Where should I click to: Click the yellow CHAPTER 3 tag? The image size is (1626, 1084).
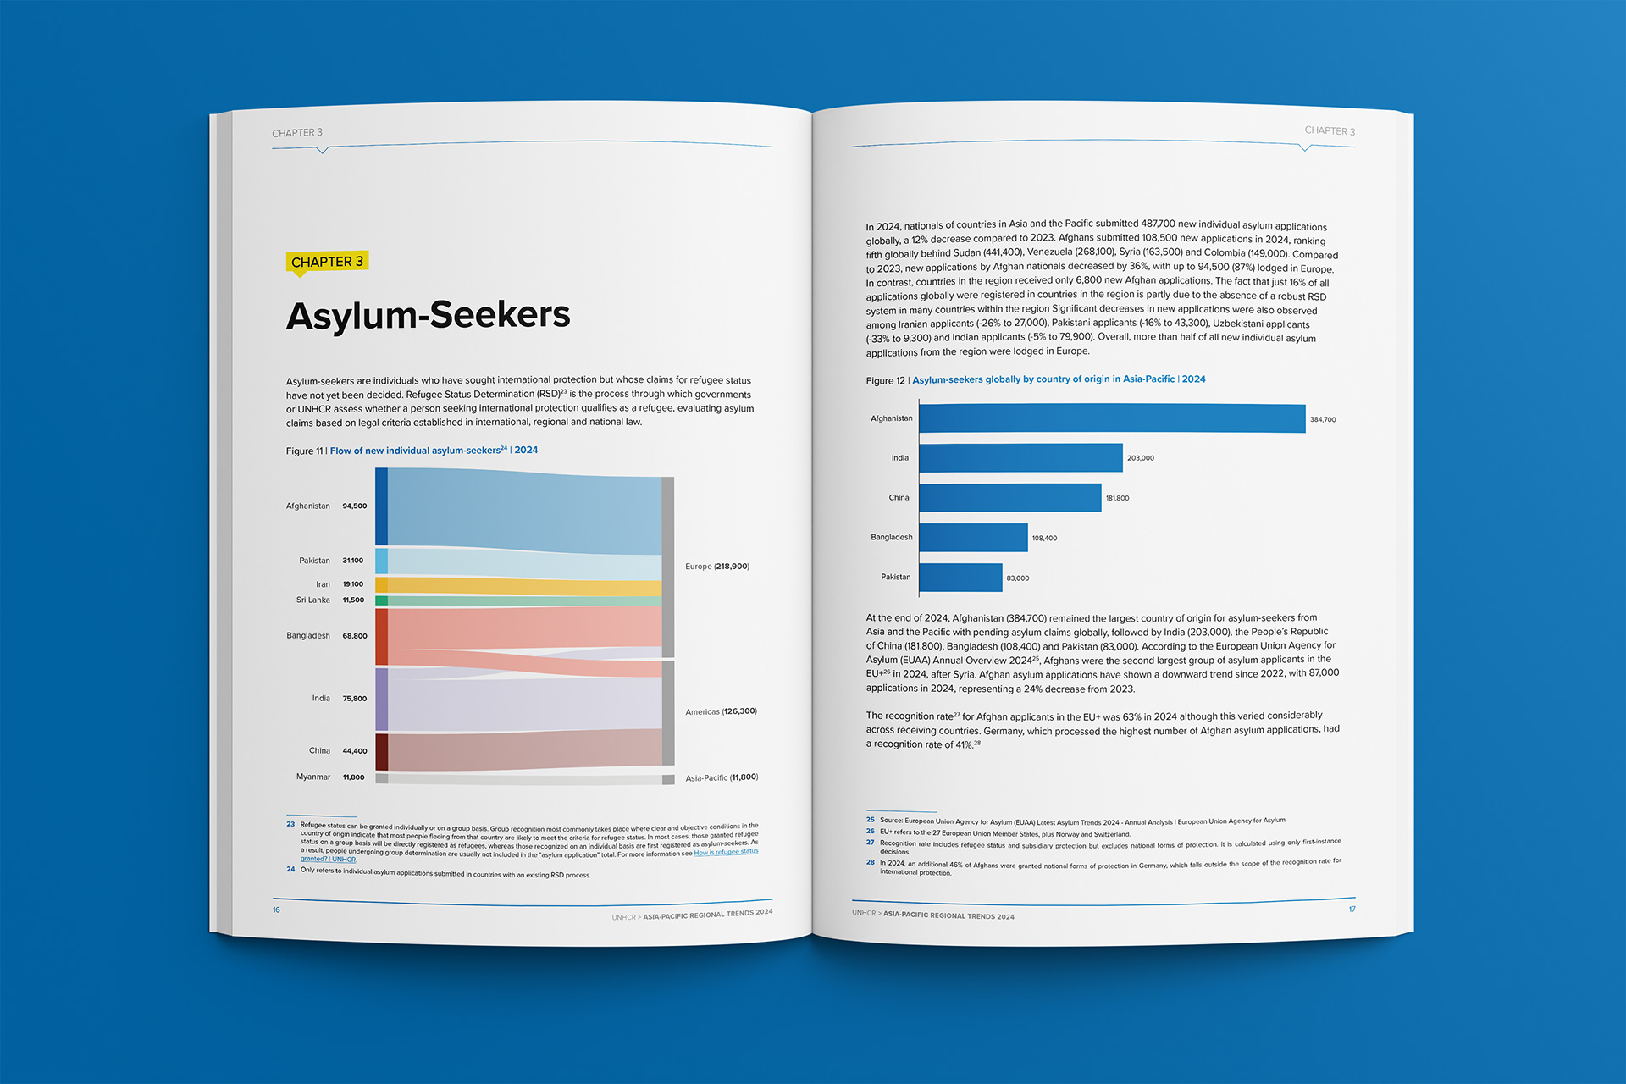pyautogui.click(x=327, y=262)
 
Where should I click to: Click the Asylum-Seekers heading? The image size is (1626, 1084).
pyautogui.click(x=428, y=315)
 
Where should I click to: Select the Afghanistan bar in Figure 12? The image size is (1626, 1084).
pyautogui.click(x=1111, y=418)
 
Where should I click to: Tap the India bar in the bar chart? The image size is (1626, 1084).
pyautogui.click(x=1020, y=458)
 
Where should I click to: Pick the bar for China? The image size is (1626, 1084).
pyautogui.click(x=1009, y=498)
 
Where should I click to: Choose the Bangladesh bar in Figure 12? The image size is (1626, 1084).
pyautogui.click(x=973, y=538)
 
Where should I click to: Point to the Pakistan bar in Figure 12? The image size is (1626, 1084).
pyautogui.click(x=960, y=578)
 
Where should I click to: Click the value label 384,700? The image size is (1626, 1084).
pyautogui.click(x=1322, y=419)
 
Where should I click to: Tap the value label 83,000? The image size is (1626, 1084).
pyautogui.click(x=1017, y=578)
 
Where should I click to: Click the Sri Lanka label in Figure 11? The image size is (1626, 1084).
pyautogui.click(x=312, y=600)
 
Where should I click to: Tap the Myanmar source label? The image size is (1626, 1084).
pyautogui.click(x=312, y=777)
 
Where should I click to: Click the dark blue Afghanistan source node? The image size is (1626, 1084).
pyautogui.click(x=381, y=506)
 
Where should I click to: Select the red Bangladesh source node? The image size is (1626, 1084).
pyautogui.click(x=381, y=636)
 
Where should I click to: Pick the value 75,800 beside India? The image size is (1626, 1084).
pyautogui.click(x=354, y=699)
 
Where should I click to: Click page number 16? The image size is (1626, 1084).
pyautogui.click(x=276, y=910)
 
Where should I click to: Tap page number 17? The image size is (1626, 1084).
pyautogui.click(x=1352, y=909)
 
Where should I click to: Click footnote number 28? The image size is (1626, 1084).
pyautogui.click(x=870, y=862)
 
